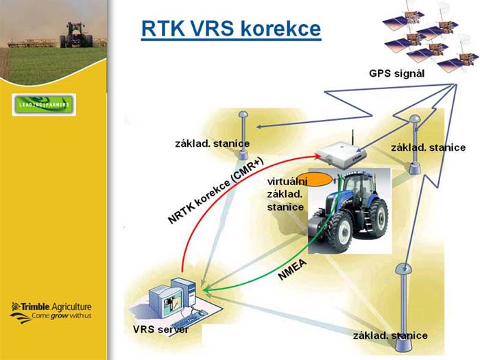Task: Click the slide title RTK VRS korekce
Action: coord(231,29)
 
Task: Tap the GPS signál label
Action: coord(397,73)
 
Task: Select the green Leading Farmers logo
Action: coord(44,105)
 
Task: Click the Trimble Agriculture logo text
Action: coord(51,307)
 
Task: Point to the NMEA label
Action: coord(292,269)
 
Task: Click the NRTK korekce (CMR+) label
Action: coord(216,191)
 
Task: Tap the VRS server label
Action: coord(160,329)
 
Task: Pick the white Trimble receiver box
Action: coord(341,154)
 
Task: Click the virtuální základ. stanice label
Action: coord(287,194)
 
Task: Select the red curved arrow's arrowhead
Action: coord(317,156)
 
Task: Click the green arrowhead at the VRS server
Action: coord(207,290)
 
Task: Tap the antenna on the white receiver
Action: coord(352,137)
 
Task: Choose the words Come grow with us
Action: coord(62,316)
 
